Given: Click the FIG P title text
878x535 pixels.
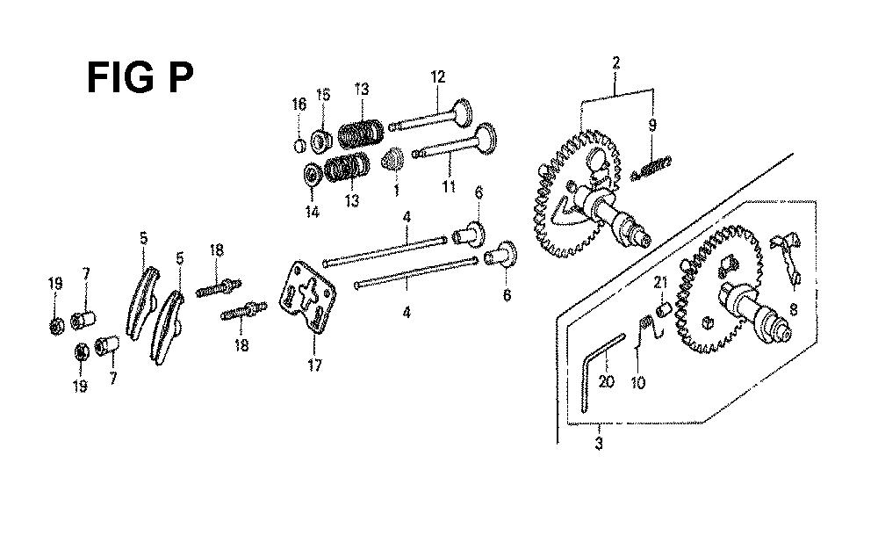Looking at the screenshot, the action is point(140,77).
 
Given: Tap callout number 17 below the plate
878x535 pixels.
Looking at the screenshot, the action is point(314,365).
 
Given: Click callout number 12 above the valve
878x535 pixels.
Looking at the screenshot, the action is point(437,76).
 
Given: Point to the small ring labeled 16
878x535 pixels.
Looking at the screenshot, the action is point(300,146).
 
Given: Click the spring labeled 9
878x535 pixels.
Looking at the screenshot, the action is point(651,168).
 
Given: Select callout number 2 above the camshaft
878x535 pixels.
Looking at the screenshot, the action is point(616,61).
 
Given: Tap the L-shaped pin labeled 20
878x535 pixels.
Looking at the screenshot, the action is point(598,371).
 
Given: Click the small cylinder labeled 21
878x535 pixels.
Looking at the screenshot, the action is point(664,308).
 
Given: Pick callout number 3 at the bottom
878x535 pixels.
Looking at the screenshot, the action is point(599,444).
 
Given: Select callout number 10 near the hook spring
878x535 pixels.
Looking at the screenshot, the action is point(638,383).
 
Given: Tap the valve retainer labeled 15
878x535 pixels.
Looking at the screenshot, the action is point(322,141).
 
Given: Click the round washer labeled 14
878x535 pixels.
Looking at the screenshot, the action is point(312,175).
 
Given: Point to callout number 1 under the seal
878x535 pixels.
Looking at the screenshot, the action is point(396,191).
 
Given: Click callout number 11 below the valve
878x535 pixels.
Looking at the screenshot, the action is point(449,186).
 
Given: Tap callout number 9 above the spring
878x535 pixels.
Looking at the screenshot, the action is point(652,125).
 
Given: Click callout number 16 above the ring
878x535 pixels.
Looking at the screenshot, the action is point(299,105).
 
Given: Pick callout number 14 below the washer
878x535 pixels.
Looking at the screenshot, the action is point(312,212).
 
